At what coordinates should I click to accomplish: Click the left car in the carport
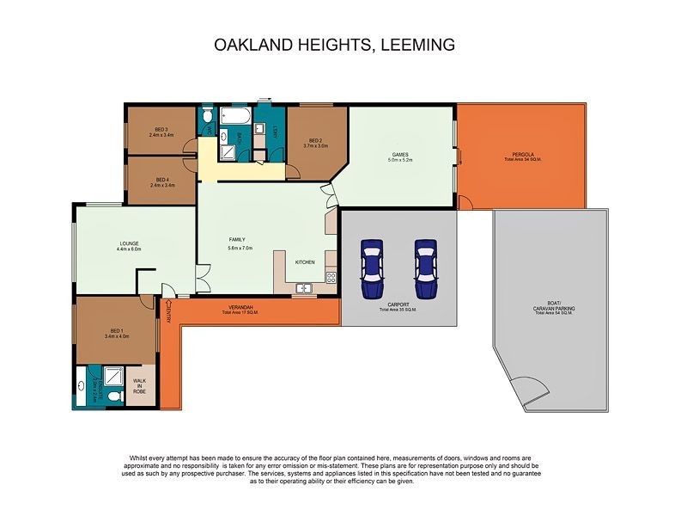[x=372, y=268]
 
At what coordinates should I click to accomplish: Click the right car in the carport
[x=427, y=268]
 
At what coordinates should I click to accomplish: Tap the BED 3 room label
[x=161, y=129]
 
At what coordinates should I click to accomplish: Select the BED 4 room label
[x=162, y=180]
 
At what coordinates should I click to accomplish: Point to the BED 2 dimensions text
[x=315, y=145]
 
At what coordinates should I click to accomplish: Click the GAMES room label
[x=400, y=155]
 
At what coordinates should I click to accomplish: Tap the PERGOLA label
[x=521, y=156]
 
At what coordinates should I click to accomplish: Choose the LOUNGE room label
[x=128, y=243]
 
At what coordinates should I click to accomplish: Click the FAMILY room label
[x=236, y=240]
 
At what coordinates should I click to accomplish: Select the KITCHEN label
[x=305, y=261]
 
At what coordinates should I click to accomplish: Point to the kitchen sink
[x=303, y=288]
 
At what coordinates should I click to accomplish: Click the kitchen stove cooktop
[x=331, y=277]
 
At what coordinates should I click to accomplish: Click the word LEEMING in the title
[x=415, y=45]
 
